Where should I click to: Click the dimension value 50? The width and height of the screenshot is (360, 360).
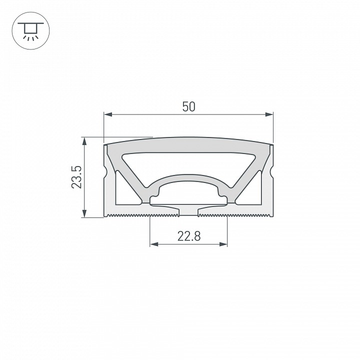(x=188, y=106)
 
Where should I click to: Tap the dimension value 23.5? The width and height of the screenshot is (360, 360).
(x=76, y=177)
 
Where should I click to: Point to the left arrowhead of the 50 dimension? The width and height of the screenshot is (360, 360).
(x=106, y=115)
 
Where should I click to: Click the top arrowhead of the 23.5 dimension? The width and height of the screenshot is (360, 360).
(x=84, y=140)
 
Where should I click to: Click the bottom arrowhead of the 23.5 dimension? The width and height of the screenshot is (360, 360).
(x=84, y=214)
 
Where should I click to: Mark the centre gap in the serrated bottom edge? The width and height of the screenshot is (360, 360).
(x=188, y=215)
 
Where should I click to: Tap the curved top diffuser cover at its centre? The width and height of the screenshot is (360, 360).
(x=188, y=142)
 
